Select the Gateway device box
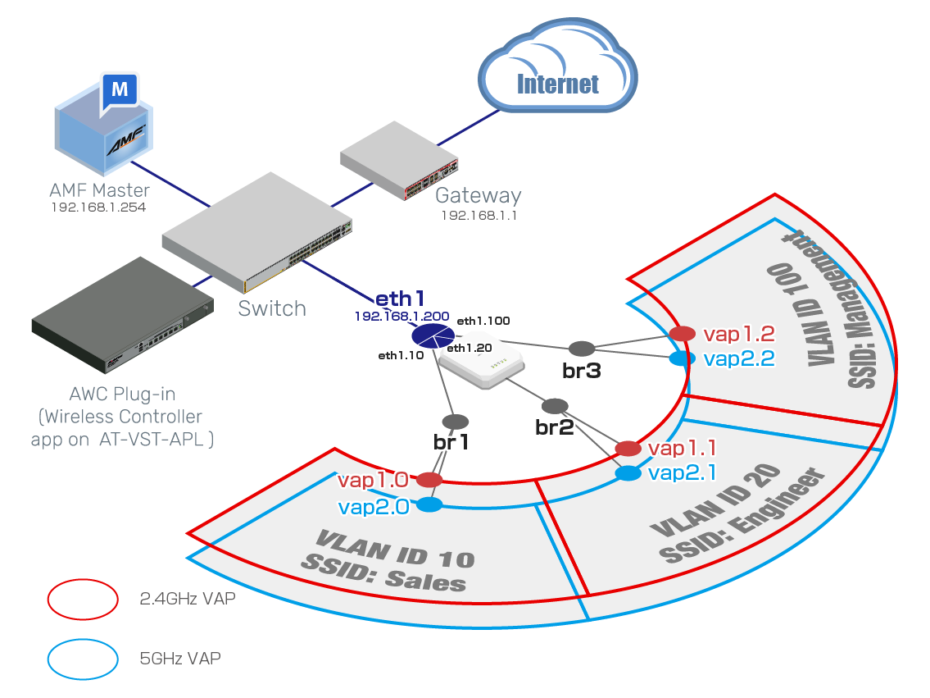(400, 162)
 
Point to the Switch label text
(272, 308)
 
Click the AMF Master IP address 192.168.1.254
(98, 208)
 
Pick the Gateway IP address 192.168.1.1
(479, 216)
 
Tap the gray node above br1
(456, 422)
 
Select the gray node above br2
(555, 406)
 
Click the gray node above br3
(581, 348)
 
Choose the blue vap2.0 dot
(430, 505)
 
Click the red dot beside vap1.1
(628, 448)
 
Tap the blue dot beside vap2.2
(678, 358)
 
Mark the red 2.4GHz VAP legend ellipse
(82, 599)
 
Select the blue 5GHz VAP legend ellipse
(82, 659)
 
